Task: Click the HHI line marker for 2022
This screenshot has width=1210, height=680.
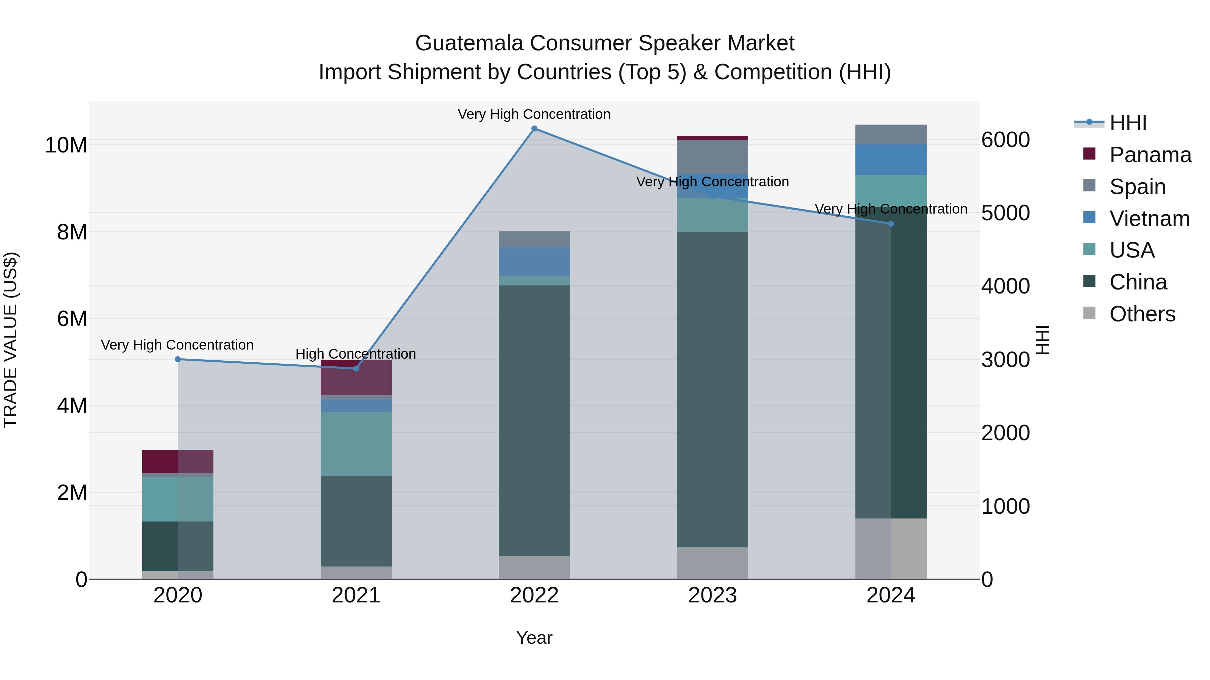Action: pyautogui.click(x=534, y=129)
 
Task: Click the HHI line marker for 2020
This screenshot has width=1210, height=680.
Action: pyautogui.click(x=177, y=359)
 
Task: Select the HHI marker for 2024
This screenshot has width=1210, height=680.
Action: pyautogui.click(x=891, y=224)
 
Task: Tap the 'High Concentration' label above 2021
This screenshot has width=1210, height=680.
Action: pyautogui.click(x=356, y=354)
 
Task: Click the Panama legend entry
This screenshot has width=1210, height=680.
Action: pyautogui.click(x=1150, y=155)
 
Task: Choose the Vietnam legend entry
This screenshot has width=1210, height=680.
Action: pyautogui.click(x=1149, y=219)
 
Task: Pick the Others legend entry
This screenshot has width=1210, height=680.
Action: pyautogui.click(x=1142, y=314)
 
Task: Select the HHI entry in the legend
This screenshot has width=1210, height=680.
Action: pyautogui.click(x=1127, y=123)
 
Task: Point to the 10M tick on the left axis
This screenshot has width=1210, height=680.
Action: pyautogui.click(x=66, y=145)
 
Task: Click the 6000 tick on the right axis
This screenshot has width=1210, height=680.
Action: pyautogui.click(x=1005, y=140)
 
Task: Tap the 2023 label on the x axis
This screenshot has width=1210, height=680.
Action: pyautogui.click(x=712, y=595)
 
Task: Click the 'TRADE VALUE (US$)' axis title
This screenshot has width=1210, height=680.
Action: pyautogui.click(x=10, y=340)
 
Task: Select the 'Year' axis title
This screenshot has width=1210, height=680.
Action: pyautogui.click(x=534, y=638)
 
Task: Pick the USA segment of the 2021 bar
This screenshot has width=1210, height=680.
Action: pyautogui.click(x=356, y=444)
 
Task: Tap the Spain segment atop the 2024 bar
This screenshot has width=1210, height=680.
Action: pyautogui.click(x=891, y=134)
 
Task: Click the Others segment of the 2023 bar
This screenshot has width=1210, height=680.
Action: pyautogui.click(x=712, y=563)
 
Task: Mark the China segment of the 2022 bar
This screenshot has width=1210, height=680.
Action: pyautogui.click(x=534, y=420)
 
